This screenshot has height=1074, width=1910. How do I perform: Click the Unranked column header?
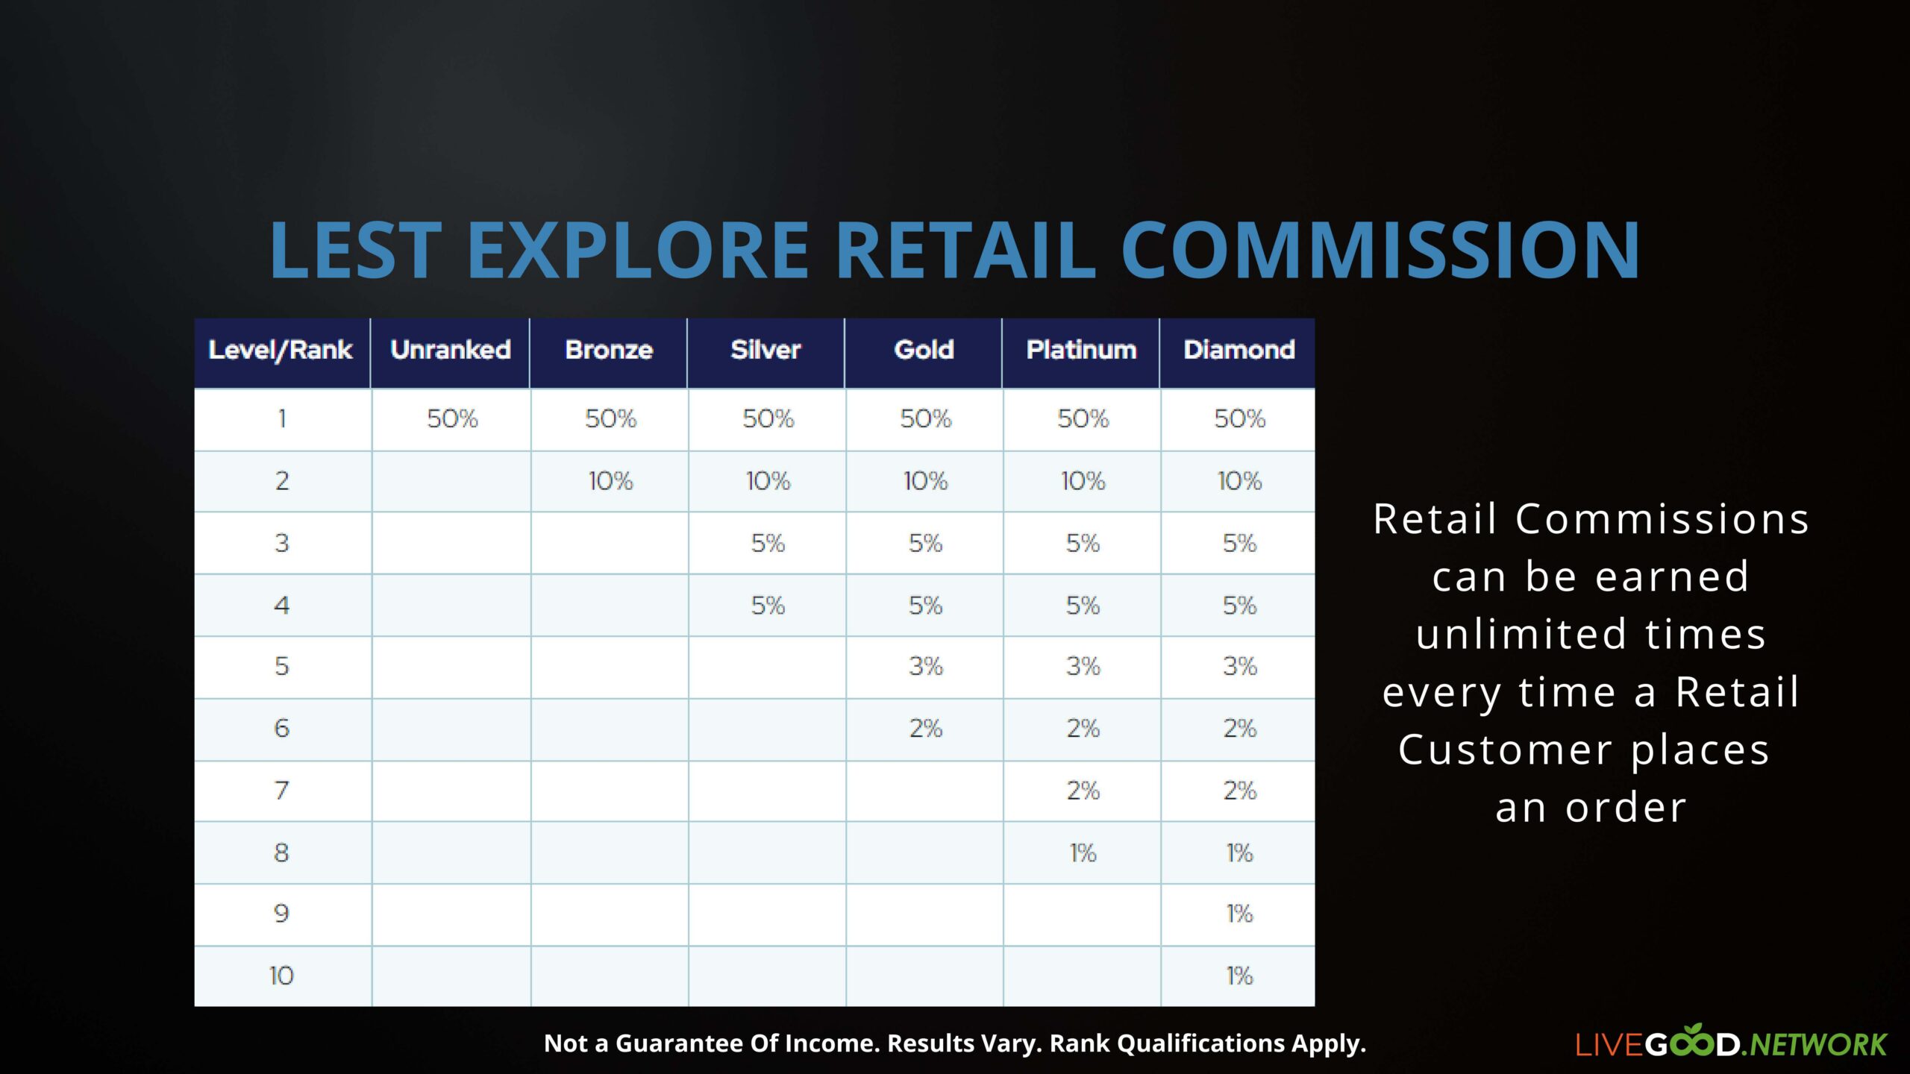tap(451, 350)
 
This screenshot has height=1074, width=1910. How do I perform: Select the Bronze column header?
tap(609, 350)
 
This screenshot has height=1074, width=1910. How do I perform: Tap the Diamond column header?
tap(1239, 350)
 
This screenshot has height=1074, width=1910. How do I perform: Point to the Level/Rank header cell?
tap(281, 350)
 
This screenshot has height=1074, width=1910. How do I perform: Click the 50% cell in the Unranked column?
tap(452, 419)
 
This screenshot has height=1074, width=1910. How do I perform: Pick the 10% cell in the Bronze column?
tap(610, 481)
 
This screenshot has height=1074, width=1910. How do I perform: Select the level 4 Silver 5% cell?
tap(768, 606)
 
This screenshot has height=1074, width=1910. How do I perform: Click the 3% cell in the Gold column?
tap(925, 666)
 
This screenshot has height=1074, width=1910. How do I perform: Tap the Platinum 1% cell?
tap(1083, 852)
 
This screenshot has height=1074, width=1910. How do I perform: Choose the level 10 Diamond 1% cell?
tap(1239, 976)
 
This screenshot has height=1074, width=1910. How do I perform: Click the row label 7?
tap(281, 791)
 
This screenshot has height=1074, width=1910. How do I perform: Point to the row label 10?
tap(281, 976)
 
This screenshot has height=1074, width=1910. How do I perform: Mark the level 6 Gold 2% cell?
tap(925, 728)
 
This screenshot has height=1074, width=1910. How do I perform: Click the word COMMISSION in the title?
tap(1380, 250)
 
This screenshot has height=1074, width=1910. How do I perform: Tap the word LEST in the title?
tap(355, 250)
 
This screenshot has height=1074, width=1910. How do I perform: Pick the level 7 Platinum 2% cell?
tap(1083, 791)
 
